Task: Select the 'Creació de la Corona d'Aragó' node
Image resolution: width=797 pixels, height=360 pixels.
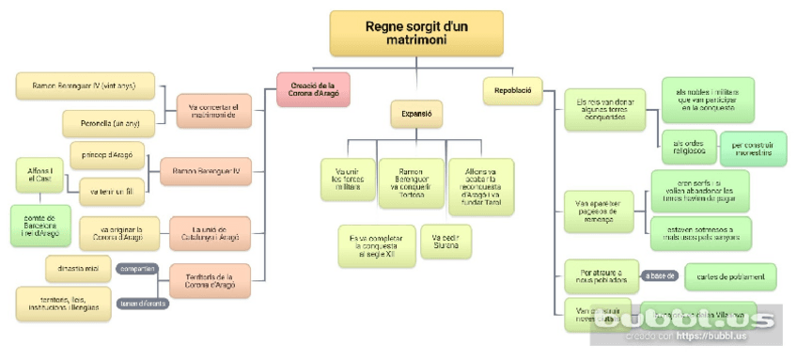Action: pyautogui.click(x=313, y=89)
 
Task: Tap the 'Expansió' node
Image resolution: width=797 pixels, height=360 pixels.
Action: pyautogui.click(x=415, y=114)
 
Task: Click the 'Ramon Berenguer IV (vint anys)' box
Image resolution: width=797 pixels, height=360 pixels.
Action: pyautogui.click(x=84, y=86)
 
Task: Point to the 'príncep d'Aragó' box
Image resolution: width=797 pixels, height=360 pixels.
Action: pyautogui.click(x=106, y=155)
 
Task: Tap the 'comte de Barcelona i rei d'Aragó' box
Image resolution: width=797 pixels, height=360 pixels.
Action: pyautogui.click(x=40, y=226)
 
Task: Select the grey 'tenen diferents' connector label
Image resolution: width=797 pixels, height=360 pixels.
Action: pyautogui.click(x=142, y=303)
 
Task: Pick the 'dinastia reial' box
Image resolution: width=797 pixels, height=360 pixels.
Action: pyautogui.click(x=78, y=269)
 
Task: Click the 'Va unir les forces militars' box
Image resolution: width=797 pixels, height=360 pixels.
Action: pyautogui.click(x=346, y=178)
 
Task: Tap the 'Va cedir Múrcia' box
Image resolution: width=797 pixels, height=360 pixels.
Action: pyautogui.click(x=445, y=242)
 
